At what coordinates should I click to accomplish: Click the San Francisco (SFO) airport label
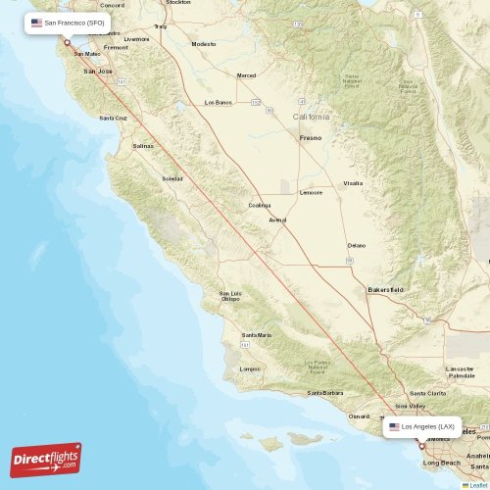click(x=68, y=22)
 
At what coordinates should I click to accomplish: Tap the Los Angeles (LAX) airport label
click(x=421, y=427)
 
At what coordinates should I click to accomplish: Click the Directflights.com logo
click(x=46, y=460)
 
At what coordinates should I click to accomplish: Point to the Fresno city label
click(x=311, y=138)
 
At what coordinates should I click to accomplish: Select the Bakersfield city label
click(x=385, y=290)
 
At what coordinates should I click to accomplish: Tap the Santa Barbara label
click(x=325, y=393)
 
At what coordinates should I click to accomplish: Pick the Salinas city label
click(x=143, y=146)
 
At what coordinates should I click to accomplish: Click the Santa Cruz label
click(x=113, y=118)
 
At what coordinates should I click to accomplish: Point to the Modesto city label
click(x=204, y=44)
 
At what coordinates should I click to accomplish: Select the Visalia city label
click(x=353, y=183)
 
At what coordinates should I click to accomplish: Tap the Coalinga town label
click(x=260, y=206)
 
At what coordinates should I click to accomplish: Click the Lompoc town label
click(x=251, y=368)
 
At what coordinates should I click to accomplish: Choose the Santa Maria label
click(x=257, y=335)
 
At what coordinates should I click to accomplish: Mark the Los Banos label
click(x=218, y=102)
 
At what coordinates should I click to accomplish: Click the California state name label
click(x=312, y=117)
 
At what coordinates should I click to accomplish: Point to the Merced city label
click(x=246, y=75)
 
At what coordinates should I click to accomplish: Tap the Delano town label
click(x=357, y=245)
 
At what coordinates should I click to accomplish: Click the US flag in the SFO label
click(x=36, y=22)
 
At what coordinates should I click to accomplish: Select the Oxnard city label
click(x=359, y=416)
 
